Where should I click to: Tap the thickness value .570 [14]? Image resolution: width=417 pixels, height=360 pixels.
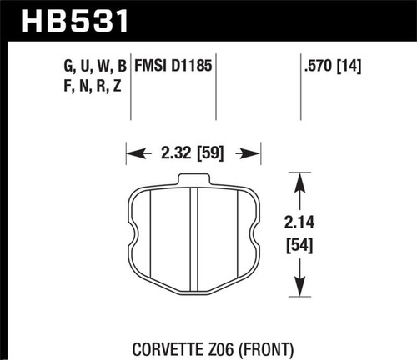334,65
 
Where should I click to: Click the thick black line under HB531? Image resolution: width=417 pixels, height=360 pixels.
208,37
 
